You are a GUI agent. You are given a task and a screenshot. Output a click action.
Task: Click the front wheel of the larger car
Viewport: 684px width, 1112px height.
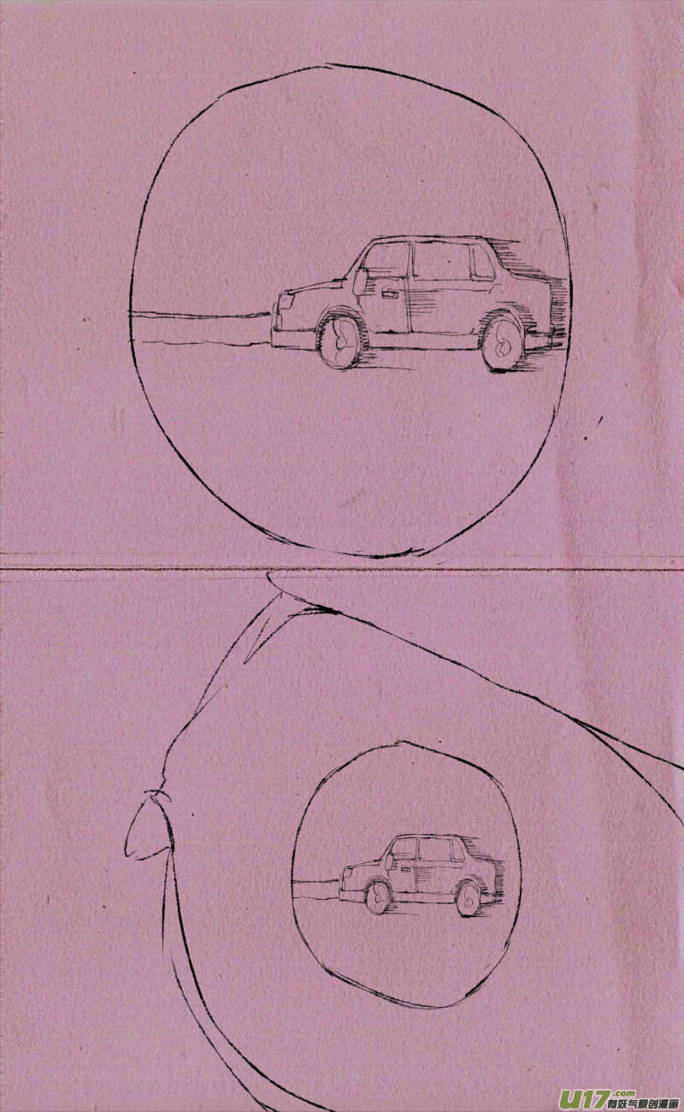coord(339,341)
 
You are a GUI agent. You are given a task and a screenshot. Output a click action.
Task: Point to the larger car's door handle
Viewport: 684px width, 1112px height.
coord(389,295)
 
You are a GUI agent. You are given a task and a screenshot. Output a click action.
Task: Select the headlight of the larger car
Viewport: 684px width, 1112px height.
coord(286,301)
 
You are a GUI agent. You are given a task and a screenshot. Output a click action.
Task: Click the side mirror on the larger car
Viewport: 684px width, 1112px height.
coord(359,281)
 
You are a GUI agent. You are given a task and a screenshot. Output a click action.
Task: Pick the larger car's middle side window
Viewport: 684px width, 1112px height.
coord(441,262)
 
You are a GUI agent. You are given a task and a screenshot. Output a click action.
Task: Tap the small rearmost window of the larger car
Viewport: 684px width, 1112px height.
coord(482,263)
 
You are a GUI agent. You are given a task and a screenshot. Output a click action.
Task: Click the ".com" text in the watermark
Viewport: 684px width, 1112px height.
coord(623,1093)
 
